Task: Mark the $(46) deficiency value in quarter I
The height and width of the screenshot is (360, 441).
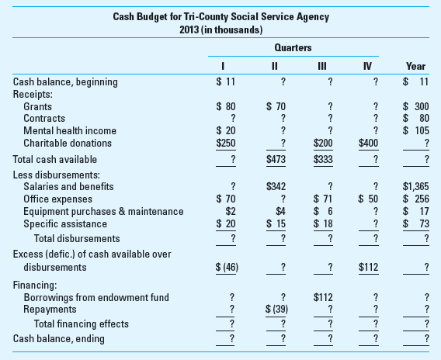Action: click(x=226, y=267)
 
